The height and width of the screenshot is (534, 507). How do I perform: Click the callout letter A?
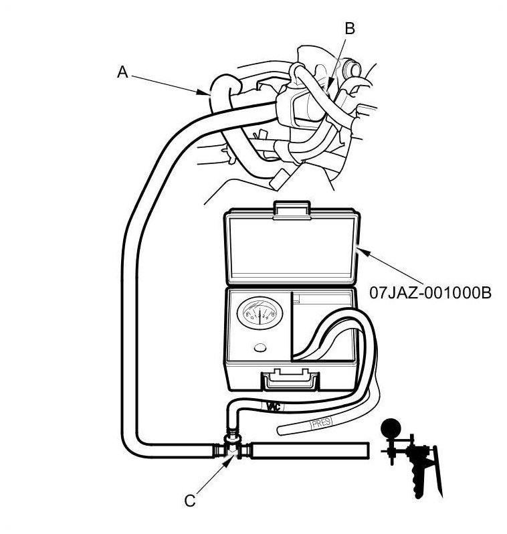pos(122,72)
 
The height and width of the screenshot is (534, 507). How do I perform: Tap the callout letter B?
pos(349,28)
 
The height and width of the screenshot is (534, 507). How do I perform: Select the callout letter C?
pos(190,499)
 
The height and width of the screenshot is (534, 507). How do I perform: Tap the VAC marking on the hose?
pos(273,406)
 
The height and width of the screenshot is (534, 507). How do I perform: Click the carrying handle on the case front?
pos(290,381)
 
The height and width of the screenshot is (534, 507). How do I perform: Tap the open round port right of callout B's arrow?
pos(348,69)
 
